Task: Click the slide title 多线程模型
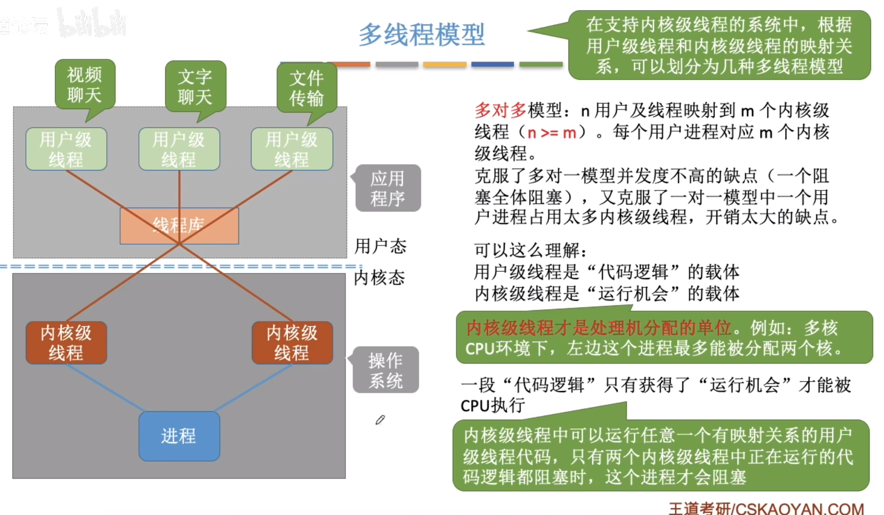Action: click(422, 34)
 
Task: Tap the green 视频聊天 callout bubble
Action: click(85, 85)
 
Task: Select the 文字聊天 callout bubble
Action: click(195, 87)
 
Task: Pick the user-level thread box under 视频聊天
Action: click(66, 149)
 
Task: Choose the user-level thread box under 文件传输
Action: click(292, 149)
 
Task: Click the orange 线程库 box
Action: click(179, 225)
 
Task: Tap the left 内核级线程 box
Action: click(66, 343)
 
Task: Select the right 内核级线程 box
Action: click(292, 343)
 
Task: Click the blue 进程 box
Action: click(179, 436)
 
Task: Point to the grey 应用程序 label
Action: click(388, 188)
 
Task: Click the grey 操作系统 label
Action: click(386, 370)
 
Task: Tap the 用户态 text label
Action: click(380, 246)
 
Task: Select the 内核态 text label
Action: click(379, 278)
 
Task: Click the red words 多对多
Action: click(500, 111)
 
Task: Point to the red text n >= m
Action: click(551, 132)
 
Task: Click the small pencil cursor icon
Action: click(380, 420)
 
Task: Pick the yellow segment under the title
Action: click(444, 64)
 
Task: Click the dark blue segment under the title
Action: click(492, 64)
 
